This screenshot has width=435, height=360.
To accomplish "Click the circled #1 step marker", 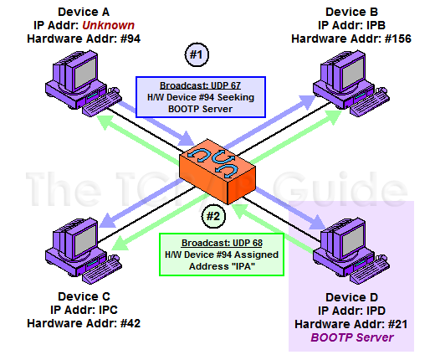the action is tap(197, 54).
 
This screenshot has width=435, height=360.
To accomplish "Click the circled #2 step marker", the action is tap(213, 216).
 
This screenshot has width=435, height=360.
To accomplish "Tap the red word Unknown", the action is tap(109, 25).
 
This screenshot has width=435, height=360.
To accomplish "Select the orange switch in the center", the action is tap(217, 171).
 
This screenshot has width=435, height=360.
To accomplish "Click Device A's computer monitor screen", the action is tap(85, 73).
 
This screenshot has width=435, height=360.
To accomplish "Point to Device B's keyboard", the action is tap(370, 102).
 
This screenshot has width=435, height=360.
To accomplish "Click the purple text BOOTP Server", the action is tap(352, 337).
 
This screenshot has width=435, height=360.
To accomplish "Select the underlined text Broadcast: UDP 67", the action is tap(200, 85).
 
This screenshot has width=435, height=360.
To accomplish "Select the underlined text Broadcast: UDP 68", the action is tap(222, 243).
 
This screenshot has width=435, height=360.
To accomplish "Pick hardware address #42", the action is tap(130, 323).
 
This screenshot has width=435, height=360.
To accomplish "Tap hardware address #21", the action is tap(397, 324).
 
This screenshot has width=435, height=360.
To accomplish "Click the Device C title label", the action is tap(84, 296).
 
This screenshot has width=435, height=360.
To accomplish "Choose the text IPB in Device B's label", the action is tap(376, 25).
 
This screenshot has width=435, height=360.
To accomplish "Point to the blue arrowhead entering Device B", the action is tap(307, 102).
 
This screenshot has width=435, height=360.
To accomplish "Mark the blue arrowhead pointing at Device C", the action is tap(108, 220).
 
